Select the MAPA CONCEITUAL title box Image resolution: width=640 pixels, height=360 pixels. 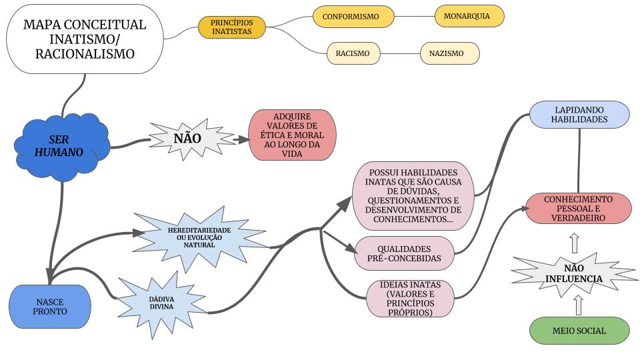(85, 39)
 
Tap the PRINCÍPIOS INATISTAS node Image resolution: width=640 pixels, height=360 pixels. (232, 27)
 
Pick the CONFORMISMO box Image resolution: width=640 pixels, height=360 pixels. (353, 16)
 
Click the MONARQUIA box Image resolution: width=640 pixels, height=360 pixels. (469, 15)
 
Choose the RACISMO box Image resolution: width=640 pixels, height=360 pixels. (353, 53)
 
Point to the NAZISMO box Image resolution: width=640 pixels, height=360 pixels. (450, 53)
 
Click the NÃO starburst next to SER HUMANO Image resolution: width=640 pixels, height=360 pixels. (187, 138)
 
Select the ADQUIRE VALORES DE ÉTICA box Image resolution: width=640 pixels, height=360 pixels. (292, 135)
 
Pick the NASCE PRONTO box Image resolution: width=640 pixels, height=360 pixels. (50, 307)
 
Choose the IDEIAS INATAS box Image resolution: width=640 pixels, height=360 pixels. (409, 298)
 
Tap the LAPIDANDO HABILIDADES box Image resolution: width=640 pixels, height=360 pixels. (579, 113)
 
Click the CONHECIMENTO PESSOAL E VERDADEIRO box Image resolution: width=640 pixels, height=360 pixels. (578, 208)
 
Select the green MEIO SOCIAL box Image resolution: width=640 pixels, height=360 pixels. (579, 331)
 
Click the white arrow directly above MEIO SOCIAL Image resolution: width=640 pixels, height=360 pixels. (578, 305)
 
